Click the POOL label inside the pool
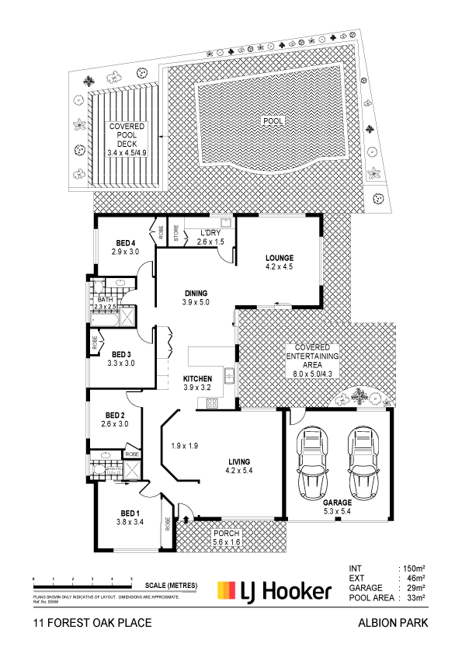[x=273, y=121]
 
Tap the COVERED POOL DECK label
[x=126, y=139]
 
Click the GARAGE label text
[x=338, y=503]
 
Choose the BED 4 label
[x=125, y=242]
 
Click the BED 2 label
[x=114, y=414]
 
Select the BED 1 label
[x=130, y=513]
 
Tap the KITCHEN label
[x=198, y=378]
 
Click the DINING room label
[x=196, y=293]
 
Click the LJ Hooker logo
[x=275, y=591]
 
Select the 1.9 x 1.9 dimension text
[x=184, y=446]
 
